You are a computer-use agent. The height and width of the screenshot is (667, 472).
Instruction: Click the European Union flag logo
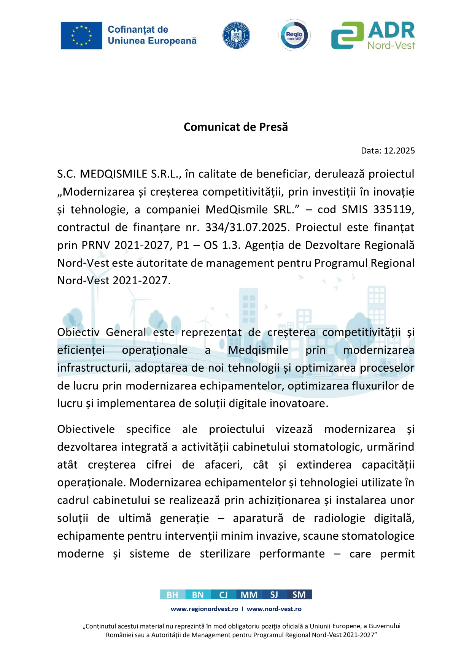[x=81, y=35]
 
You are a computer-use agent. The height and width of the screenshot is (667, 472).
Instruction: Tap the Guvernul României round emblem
[x=236, y=35]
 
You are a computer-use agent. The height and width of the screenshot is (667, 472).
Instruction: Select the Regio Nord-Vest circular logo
[x=294, y=35]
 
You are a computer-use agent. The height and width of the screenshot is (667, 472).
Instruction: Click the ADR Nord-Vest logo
[x=373, y=35]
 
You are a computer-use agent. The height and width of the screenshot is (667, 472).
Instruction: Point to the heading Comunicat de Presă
[x=236, y=127]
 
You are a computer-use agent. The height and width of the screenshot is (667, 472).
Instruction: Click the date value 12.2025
[x=399, y=151]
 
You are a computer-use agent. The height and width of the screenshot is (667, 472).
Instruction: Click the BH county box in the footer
[x=172, y=595]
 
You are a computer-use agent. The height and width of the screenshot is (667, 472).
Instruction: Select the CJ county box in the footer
[x=223, y=595]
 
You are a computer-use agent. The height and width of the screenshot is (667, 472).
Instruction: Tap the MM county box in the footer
[x=249, y=595]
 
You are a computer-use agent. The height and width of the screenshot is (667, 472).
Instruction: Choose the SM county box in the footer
[x=299, y=595]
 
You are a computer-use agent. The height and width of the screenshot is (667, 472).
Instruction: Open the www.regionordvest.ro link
[x=204, y=609]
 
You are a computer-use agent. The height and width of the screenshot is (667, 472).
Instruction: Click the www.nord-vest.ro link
[x=274, y=609]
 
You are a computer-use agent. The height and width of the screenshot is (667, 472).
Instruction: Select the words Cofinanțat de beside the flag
[x=138, y=30]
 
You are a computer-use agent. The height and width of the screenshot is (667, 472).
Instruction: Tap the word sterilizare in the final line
[x=225, y=554]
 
